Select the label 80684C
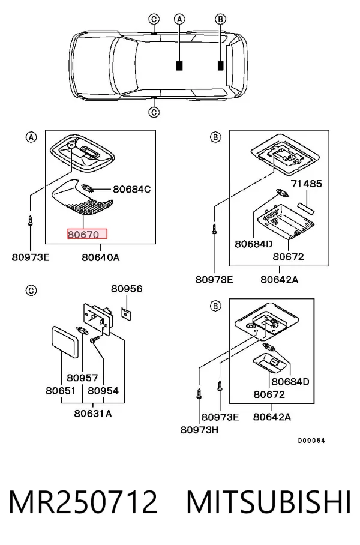click(x=131, y=189)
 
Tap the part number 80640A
click(x=100, y=257)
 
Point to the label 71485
click(x=307, y=183)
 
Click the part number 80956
click(x=127, y=289)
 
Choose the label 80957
click(x=82, y=378)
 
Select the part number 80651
click(x=61, y=390)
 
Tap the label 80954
click(x=103, y=390)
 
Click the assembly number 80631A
click(x=93, y=414)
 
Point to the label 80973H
click(x=199, y=430)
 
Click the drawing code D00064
click(x=311, y=441)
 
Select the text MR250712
click(x=83, y=502)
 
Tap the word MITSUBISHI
click(x=269, y=502)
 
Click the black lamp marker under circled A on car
click(x=179, y=65)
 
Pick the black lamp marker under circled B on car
click(x=220, y=65)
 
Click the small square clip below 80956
click(x=126, y=313)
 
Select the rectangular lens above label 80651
click(x=65, y=342)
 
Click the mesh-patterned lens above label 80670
click(x=83, y=197)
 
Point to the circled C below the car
click(x=154, y=112)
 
